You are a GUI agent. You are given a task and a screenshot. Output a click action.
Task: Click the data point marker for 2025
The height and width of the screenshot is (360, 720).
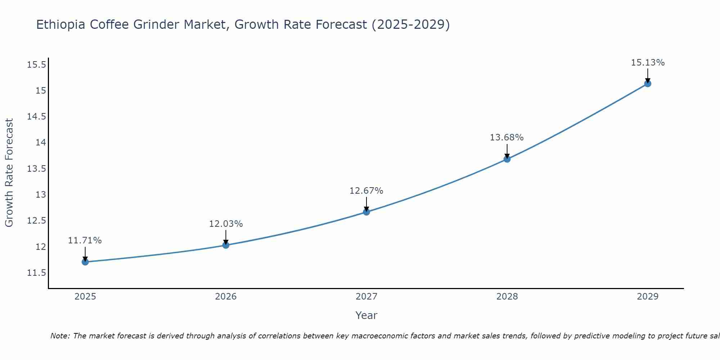tap(85, 262)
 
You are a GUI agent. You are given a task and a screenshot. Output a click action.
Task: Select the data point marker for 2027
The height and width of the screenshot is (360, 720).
tap(366, 212)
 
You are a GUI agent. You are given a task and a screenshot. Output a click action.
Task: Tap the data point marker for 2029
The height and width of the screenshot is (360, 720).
tap(648, 84)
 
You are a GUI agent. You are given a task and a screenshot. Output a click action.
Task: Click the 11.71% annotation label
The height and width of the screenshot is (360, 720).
tap(85, 240)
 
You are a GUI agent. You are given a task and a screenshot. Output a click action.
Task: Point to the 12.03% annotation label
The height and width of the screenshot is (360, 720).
tap(226, 224)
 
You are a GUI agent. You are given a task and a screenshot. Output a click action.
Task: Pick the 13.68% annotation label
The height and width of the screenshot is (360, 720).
tap(507, 138)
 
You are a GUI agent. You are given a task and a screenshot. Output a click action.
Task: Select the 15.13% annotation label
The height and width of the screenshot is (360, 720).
tap(648, 63)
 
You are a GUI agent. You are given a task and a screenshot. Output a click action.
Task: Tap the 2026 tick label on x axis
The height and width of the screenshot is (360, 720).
tap(226, 297)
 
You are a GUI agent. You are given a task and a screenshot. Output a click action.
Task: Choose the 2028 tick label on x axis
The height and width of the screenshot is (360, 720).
tap(507, 297)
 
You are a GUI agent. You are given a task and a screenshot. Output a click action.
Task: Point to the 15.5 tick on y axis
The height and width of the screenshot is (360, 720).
tap(36, 65)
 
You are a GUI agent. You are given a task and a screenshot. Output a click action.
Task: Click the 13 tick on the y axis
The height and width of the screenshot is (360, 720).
tap(41, 195)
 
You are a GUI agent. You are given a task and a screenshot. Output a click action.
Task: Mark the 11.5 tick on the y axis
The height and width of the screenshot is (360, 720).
tap(36, 273)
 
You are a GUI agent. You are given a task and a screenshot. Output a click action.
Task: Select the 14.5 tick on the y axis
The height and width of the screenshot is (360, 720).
tap(36, 117)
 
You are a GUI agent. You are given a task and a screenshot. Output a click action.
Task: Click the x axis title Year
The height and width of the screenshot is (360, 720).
tap(366, 315)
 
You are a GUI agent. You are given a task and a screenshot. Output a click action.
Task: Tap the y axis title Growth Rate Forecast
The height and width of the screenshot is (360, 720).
tap(9, 173)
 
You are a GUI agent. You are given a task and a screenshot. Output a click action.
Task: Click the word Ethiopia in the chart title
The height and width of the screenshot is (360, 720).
tap(61, 25)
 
